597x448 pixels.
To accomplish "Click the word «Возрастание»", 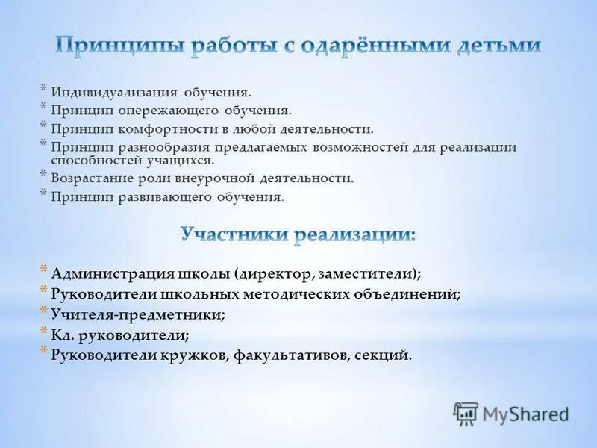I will [93, 178].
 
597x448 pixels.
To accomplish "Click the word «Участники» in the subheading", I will [233, 235].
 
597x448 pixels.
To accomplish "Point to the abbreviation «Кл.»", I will [63, 335].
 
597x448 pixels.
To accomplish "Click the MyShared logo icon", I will [466, 413].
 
